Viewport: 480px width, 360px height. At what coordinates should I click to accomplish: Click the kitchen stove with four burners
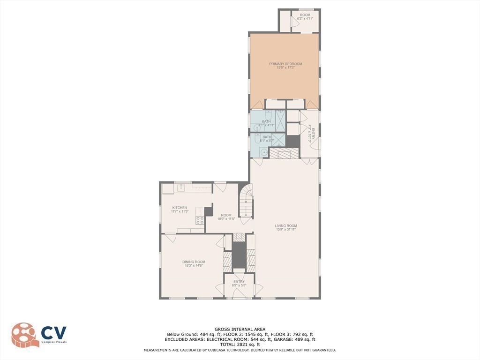pos(200,221)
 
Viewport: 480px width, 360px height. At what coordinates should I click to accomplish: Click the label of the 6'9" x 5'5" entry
pos(239,283)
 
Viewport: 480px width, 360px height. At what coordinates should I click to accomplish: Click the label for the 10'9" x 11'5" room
pos(226,217)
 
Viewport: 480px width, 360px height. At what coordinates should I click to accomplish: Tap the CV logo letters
pos(53,333)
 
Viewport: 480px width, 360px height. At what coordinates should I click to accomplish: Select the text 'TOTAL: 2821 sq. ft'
pos(240,345)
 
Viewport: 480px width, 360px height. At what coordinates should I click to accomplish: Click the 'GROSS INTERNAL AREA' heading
pos(240,329)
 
